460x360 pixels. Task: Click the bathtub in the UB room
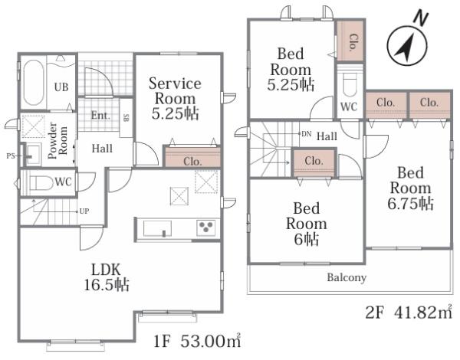coord(34,83)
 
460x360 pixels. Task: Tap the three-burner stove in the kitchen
coord(206,227)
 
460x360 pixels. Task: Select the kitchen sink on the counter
coord(157,228)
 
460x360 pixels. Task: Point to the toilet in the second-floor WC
coord(350,84)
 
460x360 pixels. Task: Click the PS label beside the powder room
coord(11,156)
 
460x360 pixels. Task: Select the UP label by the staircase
coord(84,211)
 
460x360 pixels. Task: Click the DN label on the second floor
coord(306,134)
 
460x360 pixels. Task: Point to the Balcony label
coord(347,277)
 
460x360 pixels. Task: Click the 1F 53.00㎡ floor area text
coord(198,341)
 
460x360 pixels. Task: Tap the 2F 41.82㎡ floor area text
coord(409,312)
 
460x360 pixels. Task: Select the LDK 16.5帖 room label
coord(107,277)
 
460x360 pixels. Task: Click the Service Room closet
coord(192,157)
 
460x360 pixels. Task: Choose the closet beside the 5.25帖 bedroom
coord(350,41)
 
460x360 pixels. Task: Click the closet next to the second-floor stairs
coord(314,163)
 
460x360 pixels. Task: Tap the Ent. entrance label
coord(100,115)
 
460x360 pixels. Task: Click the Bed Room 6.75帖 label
coord(410,188)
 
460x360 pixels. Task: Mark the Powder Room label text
coord(58,140)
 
